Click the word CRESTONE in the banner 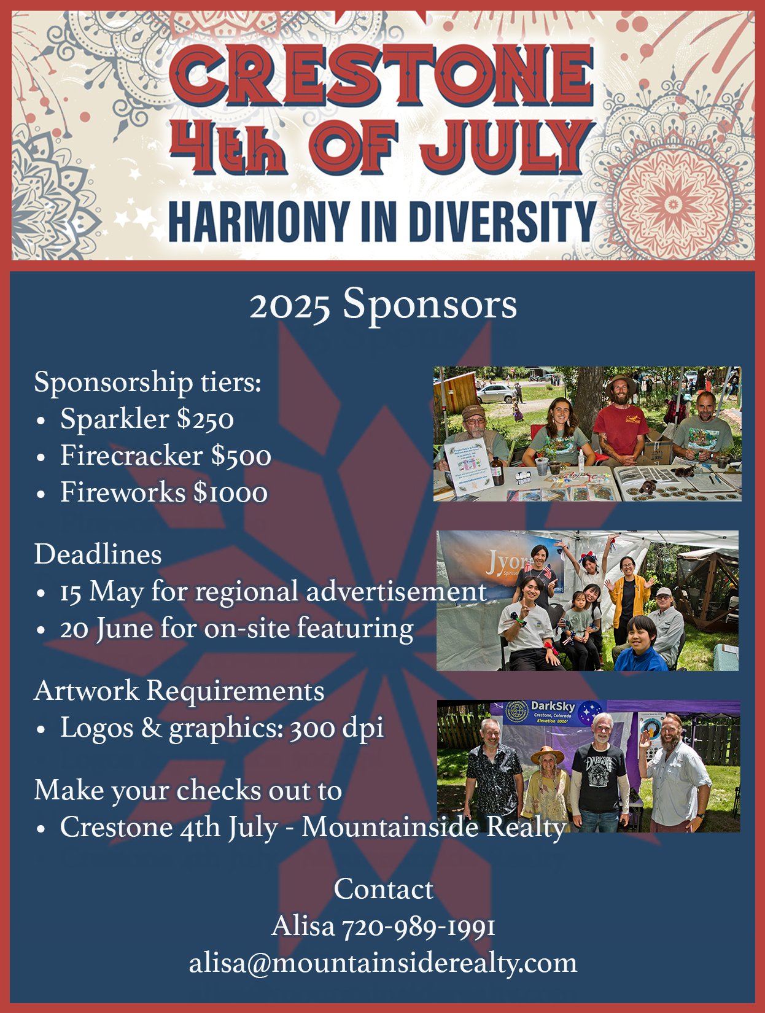tap(381, 76)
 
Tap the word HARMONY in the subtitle tap(259, 222)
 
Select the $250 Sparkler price tap(205, 419)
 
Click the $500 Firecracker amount tap(241, 456)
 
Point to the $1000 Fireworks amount tap(230, 492)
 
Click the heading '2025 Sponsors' tap(383, 305)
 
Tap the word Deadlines tap(98, 554)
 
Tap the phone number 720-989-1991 tap(418, 926)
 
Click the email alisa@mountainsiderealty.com tap(383, 964)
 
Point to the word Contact tap(384, 889)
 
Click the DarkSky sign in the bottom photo tap(553, 713)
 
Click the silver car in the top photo tap(497, 394)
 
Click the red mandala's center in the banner tap(673, 204)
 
